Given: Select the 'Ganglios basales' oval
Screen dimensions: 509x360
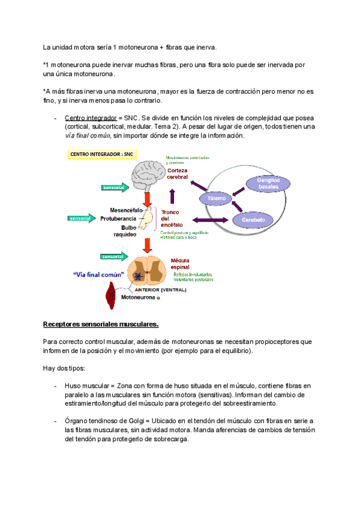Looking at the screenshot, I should [268, 184].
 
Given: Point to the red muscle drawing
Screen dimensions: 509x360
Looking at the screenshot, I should [111, 295].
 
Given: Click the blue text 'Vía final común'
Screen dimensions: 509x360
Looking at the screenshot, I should [98, 275].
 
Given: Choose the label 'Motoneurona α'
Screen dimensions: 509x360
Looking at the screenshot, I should [141, 297].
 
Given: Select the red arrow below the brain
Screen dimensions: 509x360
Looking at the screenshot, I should [146, 200].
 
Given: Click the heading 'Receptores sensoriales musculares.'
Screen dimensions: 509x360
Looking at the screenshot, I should [101, 325].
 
